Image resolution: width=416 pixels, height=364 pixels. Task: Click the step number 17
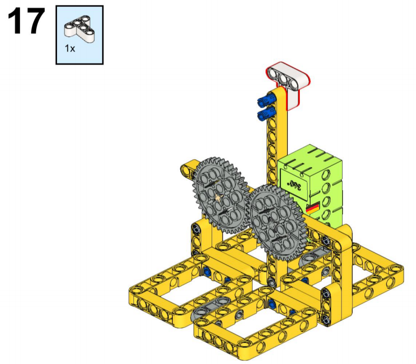tap(26, 21)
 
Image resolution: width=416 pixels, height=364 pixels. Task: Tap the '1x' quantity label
tap(70, 49)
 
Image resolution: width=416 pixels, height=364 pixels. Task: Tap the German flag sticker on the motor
tap(313, 208)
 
